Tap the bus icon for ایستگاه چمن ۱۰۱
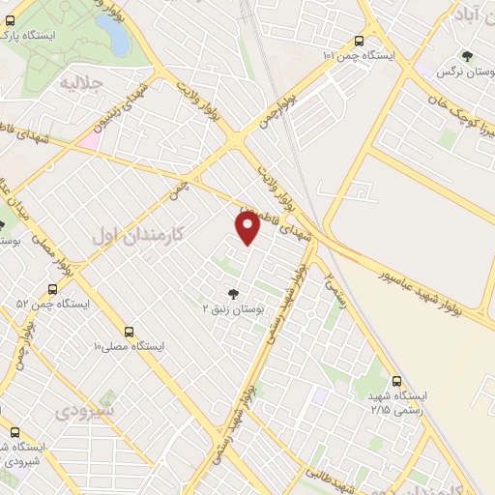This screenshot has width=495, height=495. click(360, 41)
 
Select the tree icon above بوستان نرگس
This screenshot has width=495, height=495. click(467, 57)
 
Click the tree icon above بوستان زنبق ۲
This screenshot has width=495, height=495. click(233, 293)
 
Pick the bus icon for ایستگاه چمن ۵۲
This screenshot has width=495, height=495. click(52, 289)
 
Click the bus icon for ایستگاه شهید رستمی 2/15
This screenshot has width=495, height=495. click(396, 382)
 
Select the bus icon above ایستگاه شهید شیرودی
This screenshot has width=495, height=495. click(15, 432)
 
